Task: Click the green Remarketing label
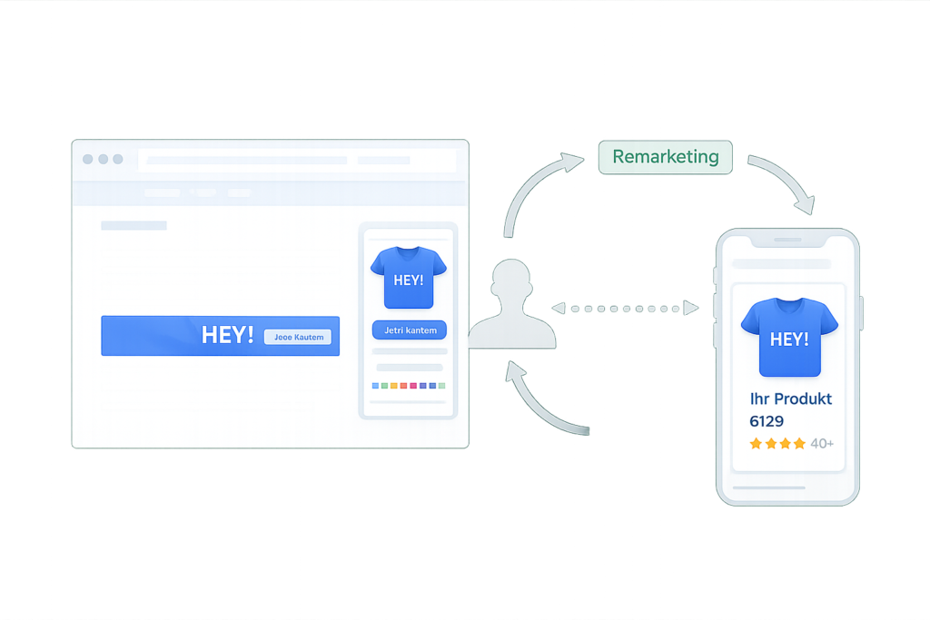(665, 157)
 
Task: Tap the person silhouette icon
(512, 306)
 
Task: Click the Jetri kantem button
(409, 330)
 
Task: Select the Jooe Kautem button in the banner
(298, 337)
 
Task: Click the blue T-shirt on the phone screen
(788, 337)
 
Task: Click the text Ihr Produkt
(790, 399)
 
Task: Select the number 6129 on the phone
(767, 421)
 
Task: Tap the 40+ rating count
(822, 444)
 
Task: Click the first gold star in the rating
(756, 444)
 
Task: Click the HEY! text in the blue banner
(227, 335)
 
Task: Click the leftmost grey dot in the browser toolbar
(88, 159)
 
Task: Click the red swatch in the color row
(413, 386)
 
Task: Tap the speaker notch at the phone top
(787, 241)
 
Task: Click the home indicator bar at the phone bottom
(787, 487)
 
